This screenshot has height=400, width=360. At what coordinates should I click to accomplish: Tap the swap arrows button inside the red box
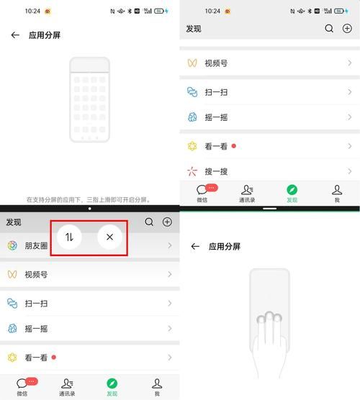[69, 237]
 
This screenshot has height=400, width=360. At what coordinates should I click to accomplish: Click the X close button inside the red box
[109, 237]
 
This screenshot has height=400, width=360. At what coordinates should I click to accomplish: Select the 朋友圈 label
[37, 245]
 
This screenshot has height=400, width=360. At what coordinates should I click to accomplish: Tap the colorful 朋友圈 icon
[12, 245]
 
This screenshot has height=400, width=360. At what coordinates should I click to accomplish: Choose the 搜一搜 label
[216, 171]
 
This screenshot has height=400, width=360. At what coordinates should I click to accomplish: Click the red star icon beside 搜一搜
[192, 171]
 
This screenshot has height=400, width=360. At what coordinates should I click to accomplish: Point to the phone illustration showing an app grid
[89, 99]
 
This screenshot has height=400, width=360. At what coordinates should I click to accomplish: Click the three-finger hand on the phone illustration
[269, 331]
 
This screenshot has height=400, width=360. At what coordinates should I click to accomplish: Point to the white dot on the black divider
[89, 208]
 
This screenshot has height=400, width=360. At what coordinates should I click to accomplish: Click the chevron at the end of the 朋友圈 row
[170, 245]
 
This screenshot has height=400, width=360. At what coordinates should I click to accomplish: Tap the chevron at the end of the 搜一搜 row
[350, 171]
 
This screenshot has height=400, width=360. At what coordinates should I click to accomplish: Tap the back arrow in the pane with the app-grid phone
[15, 35]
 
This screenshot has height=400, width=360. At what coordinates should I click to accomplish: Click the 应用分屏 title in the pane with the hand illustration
[224, 246]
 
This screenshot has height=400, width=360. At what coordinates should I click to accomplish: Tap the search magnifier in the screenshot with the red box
[149, 222]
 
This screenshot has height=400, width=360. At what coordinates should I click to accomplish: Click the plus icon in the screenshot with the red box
[167, 222]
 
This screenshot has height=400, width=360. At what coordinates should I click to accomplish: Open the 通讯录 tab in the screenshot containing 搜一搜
[247, 193]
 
